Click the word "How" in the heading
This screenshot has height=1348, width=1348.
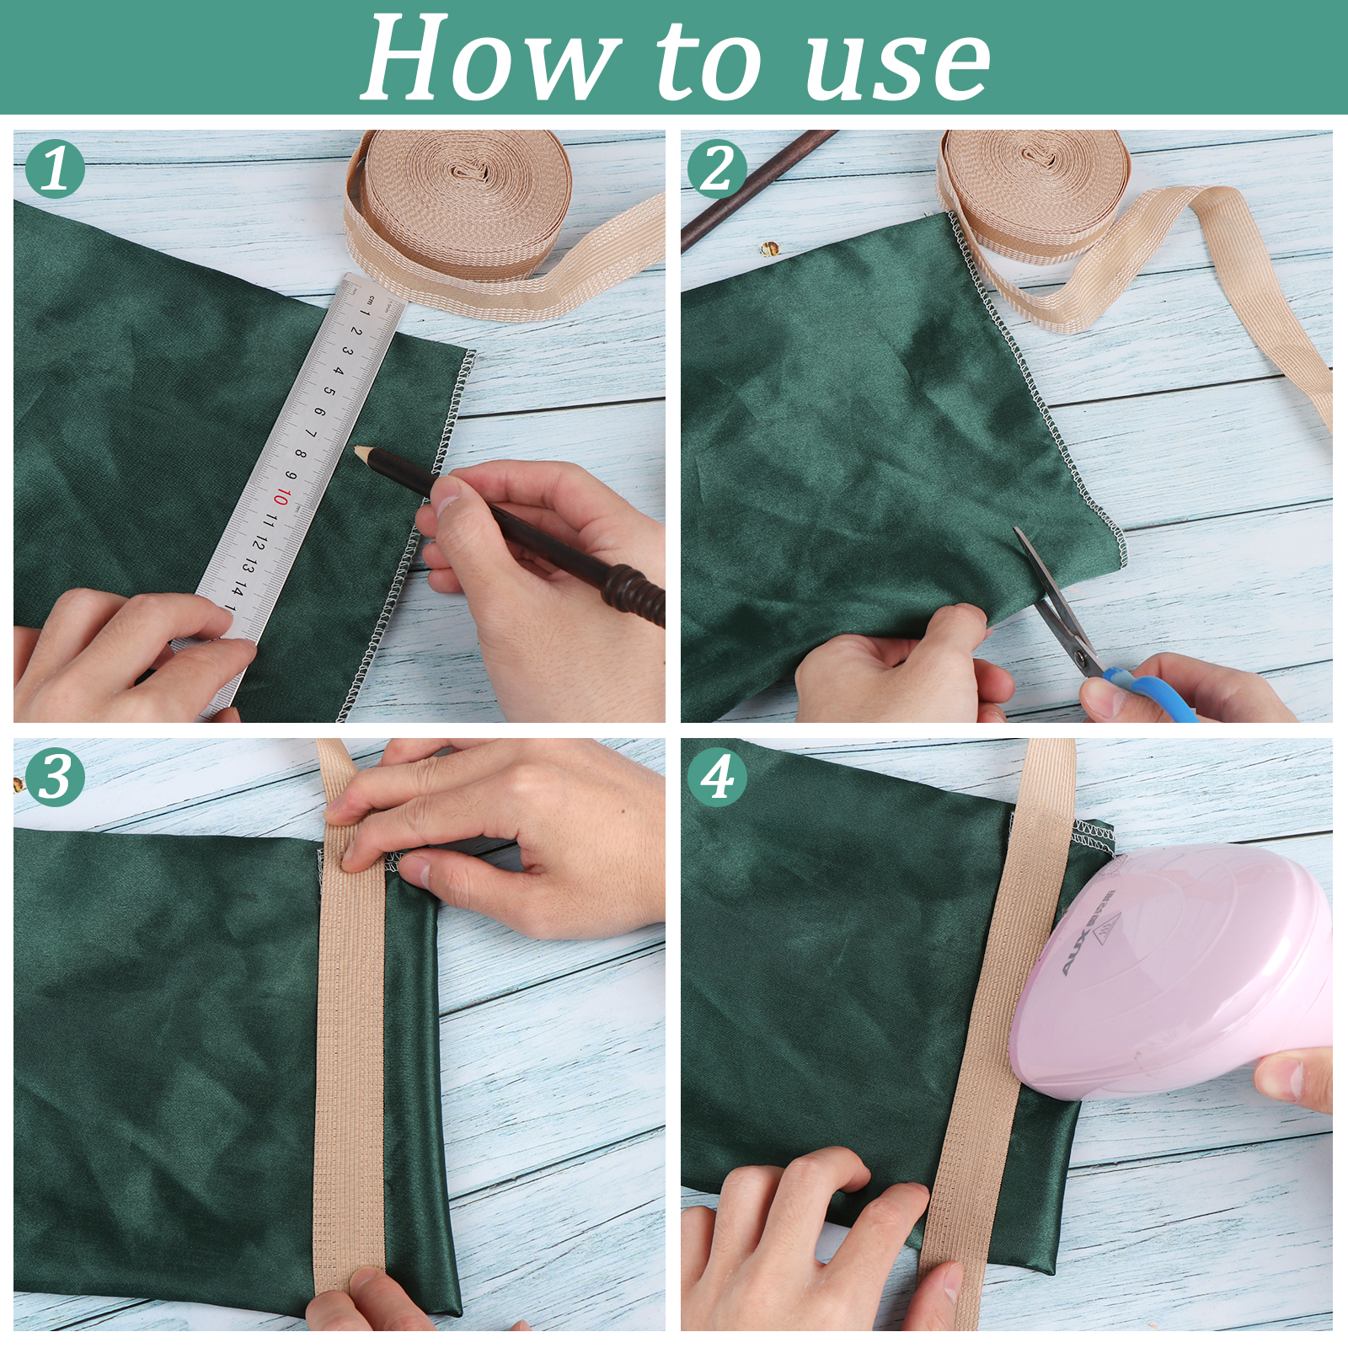pos(489,59)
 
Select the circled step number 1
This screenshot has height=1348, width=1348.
pos(56,168)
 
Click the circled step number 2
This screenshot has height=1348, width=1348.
pos(718,168)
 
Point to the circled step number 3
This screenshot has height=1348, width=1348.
pos(56,777)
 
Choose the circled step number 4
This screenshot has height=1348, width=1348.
pos(718,777)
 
